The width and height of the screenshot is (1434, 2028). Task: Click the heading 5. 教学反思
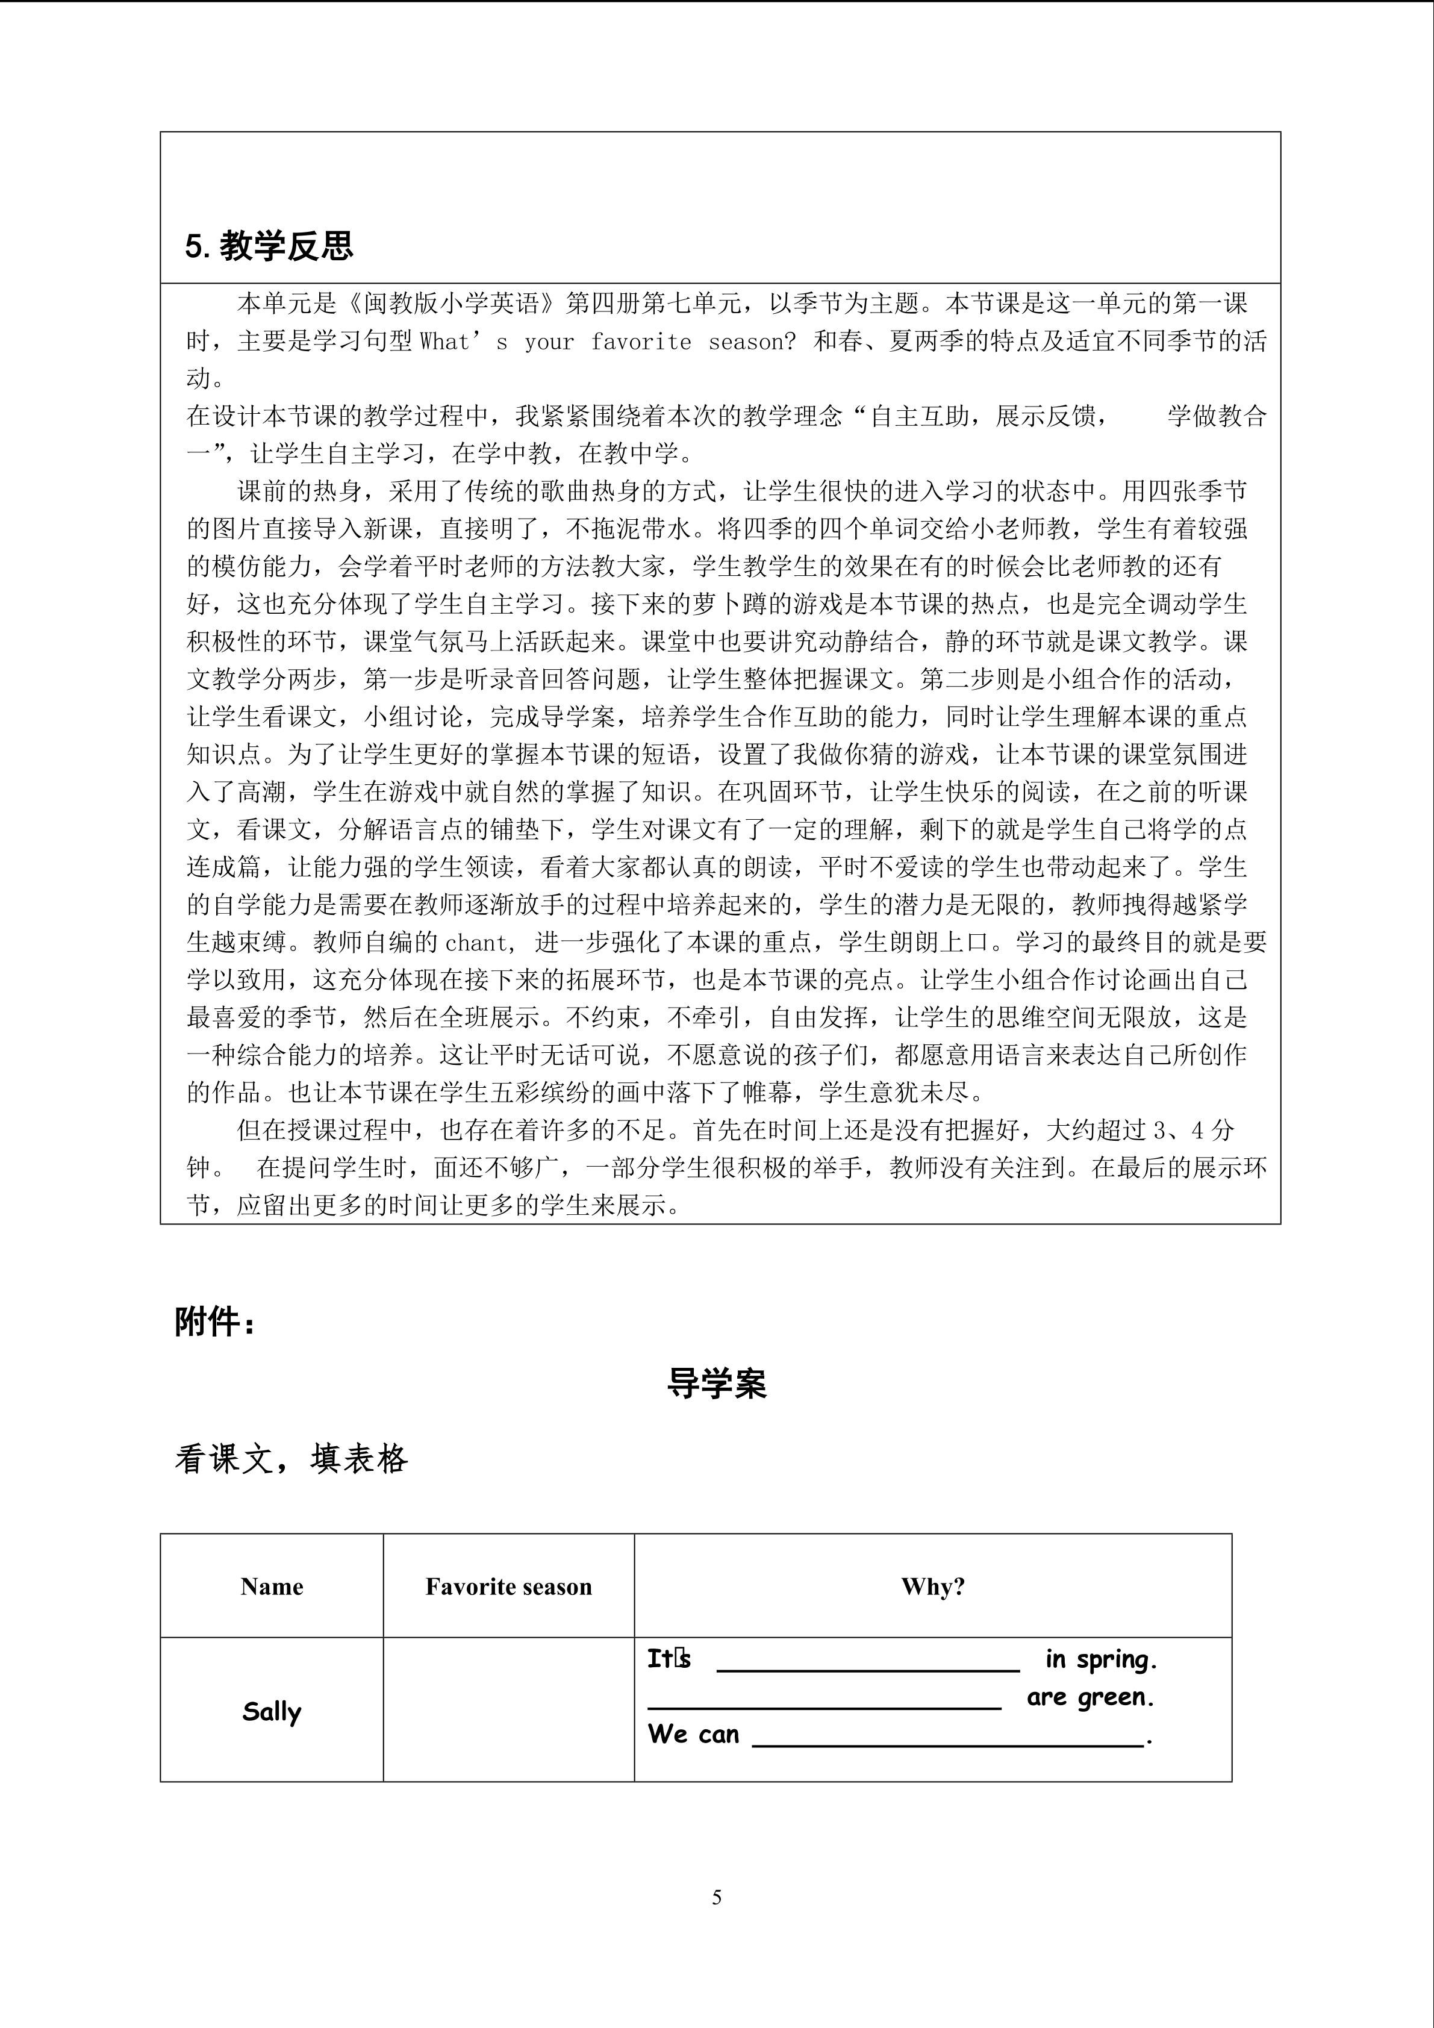point(269,246)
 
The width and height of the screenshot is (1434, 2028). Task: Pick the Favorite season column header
point(508,1587)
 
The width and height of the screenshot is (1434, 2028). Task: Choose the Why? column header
point(932,1587)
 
